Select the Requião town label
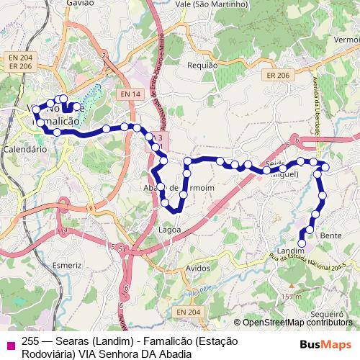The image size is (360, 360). pos(202,65)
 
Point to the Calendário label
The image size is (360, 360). pos(24,148)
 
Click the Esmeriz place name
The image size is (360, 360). pos(67,265)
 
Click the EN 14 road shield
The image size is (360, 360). pos(130,94)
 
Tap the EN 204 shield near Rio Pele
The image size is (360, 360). pos(183,311)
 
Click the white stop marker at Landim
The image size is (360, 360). pos(302,243)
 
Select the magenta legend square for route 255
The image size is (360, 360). pos(9,343)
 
